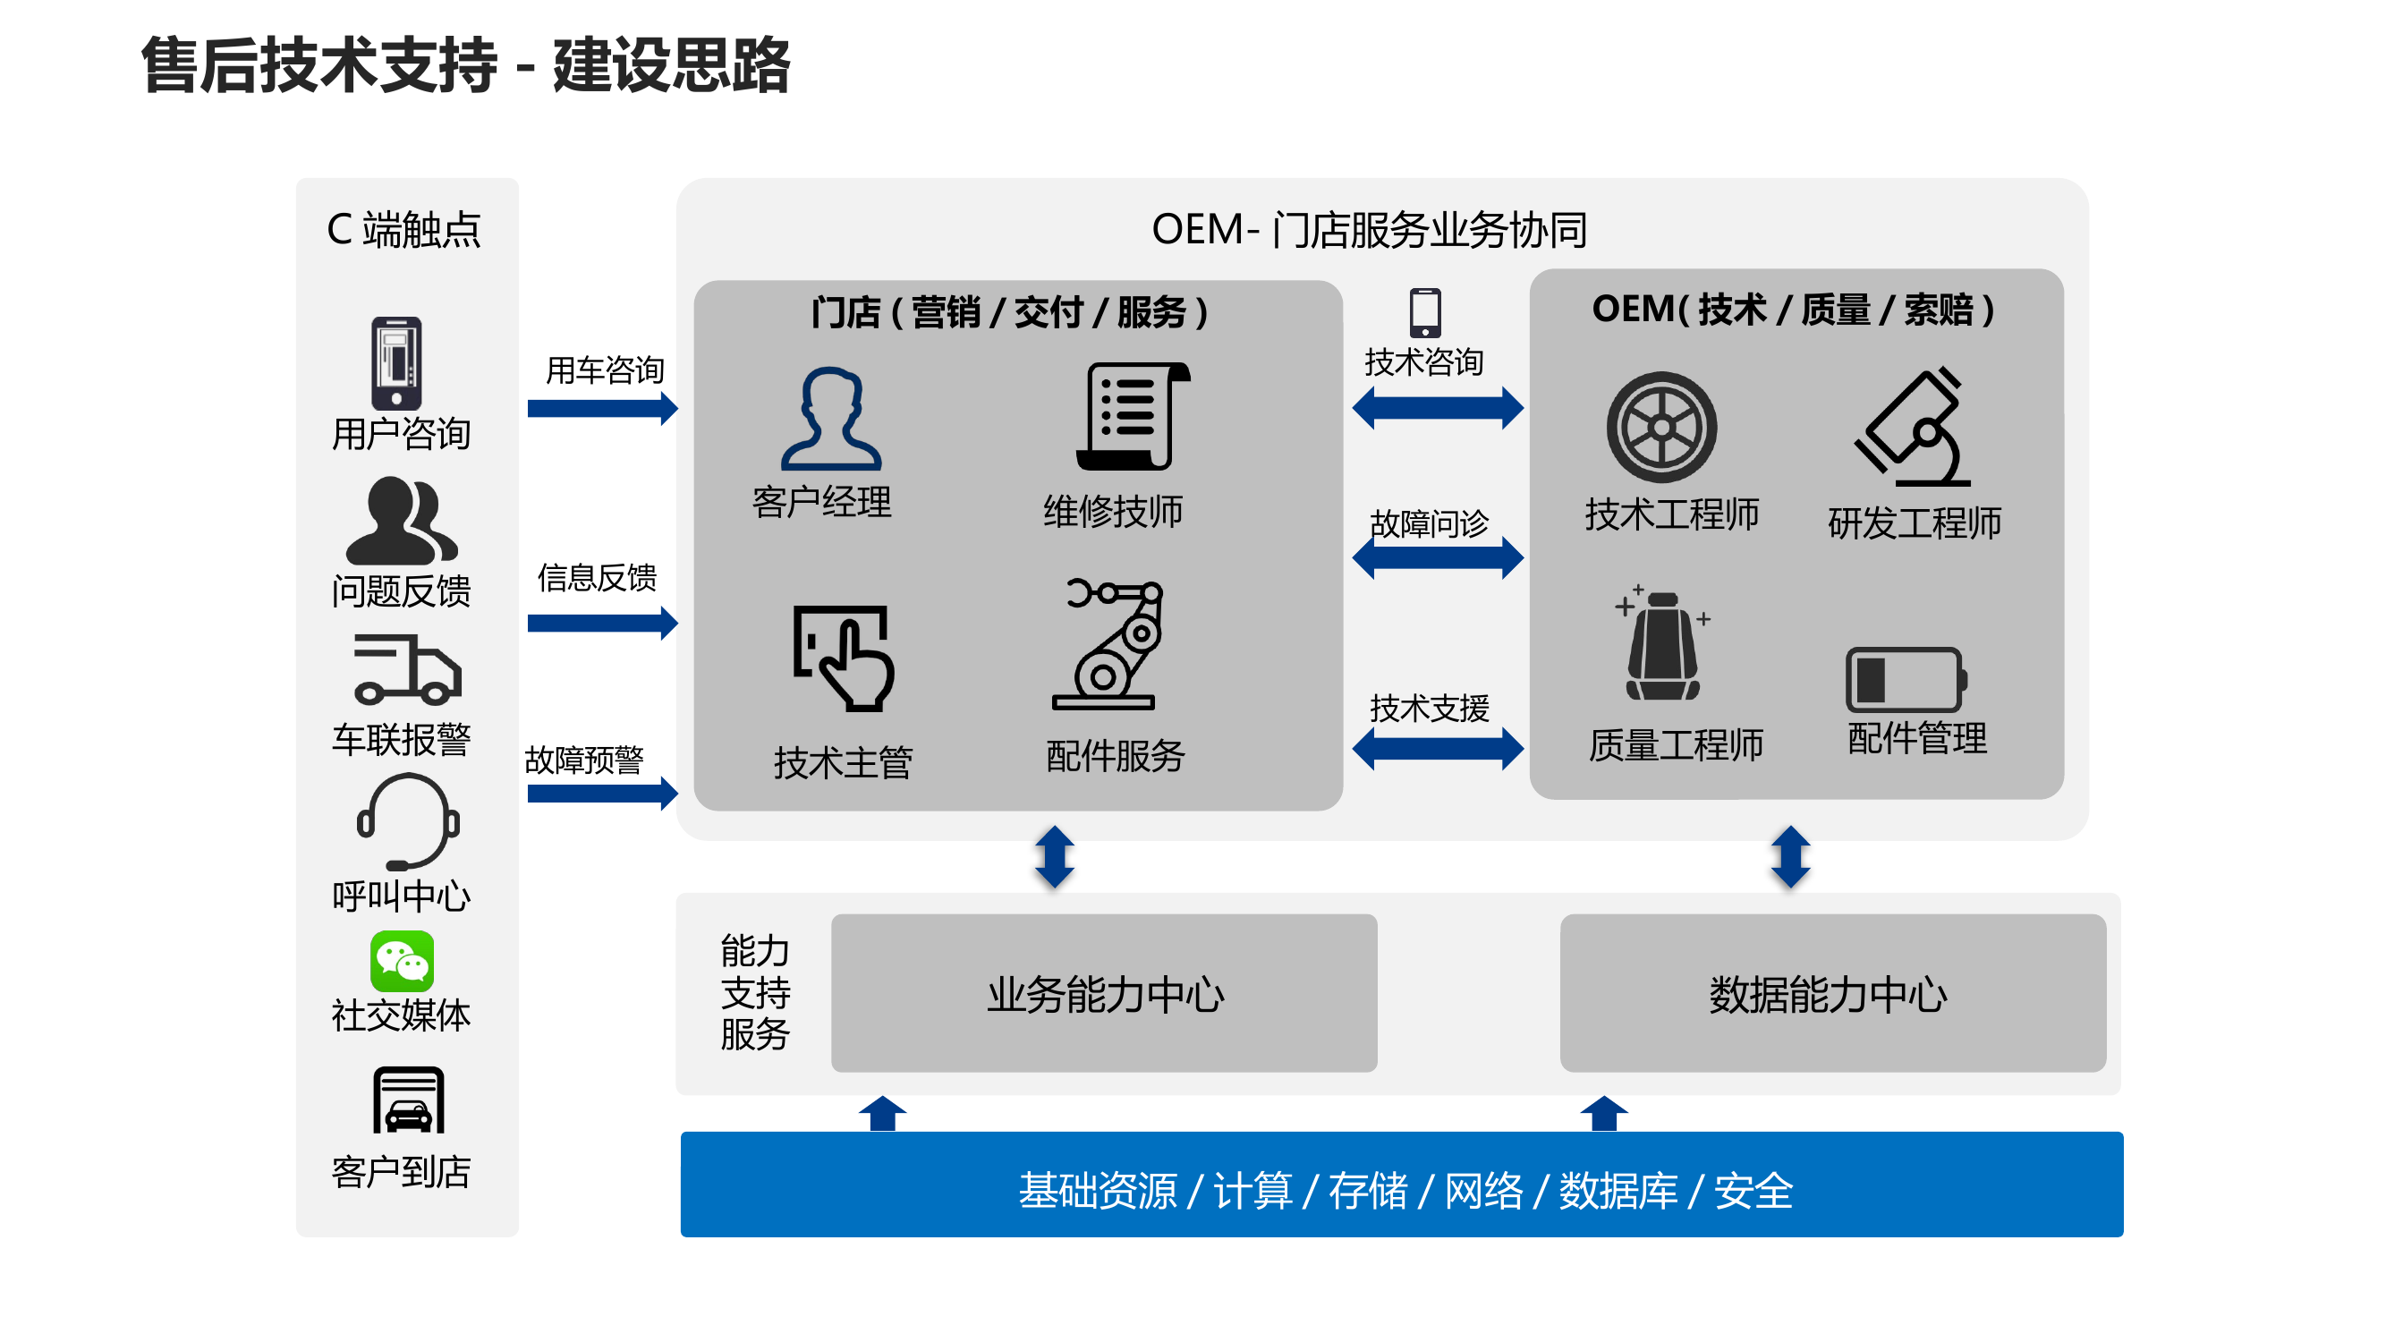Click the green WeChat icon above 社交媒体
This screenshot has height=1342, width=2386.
(x=401, y=962)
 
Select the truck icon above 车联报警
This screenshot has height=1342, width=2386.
(x=407, y=668)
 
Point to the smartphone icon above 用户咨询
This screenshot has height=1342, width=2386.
(x=396, y=363)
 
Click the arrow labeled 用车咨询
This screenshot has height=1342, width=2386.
(x=602, y=409)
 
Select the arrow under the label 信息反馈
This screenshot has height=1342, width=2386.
(x=602, y=624)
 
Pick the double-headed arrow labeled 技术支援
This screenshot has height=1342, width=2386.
(x=1437, y=748)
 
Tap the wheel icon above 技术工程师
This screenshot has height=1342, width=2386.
(x=1660, y=427)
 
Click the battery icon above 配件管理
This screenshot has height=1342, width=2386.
(x=1906, y=679)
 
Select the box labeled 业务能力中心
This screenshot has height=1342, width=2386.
(x=1103, y=993)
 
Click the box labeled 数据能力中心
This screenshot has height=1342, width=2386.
(x=1832, y=993)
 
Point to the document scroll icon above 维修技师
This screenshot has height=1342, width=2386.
(x=1131, y=417)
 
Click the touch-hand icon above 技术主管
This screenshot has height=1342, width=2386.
(x=844, y=658)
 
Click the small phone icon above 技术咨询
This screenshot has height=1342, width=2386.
(x=1424, y=313)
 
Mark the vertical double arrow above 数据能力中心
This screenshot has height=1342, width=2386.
(x=1789, y=857)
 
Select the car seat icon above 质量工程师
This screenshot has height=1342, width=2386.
(x=1661, y=646)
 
